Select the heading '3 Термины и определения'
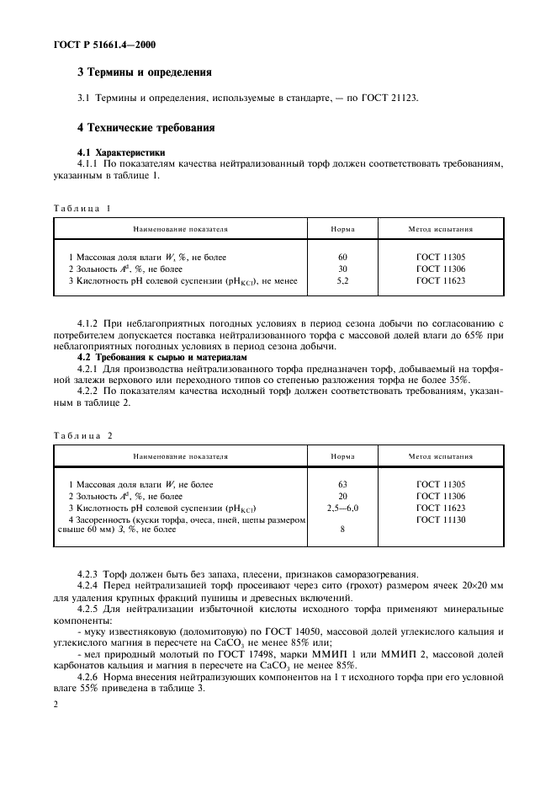pyautogui.click(x=145, y=73)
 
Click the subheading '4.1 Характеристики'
pyautogui.click(x=116, y=152)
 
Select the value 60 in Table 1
pyautogui.click(x=342, y=256)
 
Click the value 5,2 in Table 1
pyautogui.click(x=342, y=280)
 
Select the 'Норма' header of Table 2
pyautogui.click(x=342, y=456)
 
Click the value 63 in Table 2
pyautogui.click(x=342, y=485)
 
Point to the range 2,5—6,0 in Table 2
pyautogui.click(x=342, y=508)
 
